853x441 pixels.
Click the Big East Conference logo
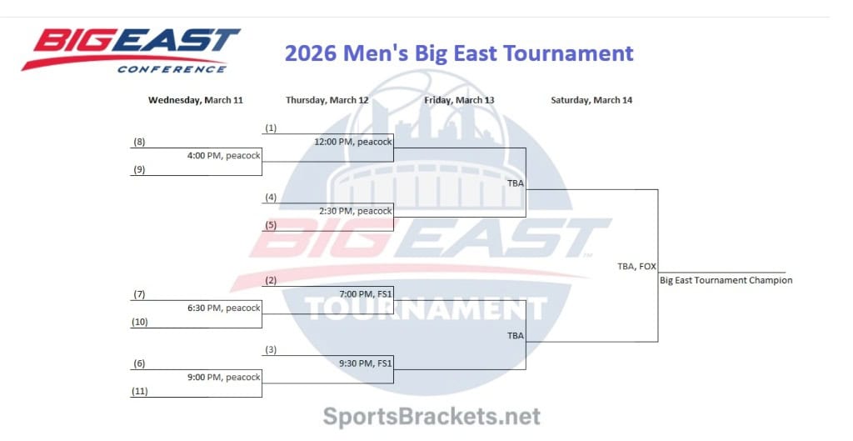tap(131, 50)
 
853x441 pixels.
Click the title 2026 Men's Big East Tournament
tap(459, 53)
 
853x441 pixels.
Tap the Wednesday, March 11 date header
tap(196, 100)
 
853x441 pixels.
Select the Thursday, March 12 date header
tap(327, 100)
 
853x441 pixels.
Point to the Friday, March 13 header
tap(459, 100)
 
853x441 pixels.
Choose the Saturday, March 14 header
tap(591, 100)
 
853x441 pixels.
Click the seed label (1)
tap(271, 128)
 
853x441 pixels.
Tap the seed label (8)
tap(139, 142)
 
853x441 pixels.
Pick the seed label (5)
tap(271, 224)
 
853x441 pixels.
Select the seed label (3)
tap(271, 349)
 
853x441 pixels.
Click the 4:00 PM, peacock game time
tap(223, 155)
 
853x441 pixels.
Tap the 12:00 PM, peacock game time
tap(352, 142)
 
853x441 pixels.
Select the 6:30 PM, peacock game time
tap(223, 308)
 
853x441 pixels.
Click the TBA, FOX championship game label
tap(636, 266)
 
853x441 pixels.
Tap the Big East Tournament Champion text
tap(726, 280)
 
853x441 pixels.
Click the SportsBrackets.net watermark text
tap(431, 416)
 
